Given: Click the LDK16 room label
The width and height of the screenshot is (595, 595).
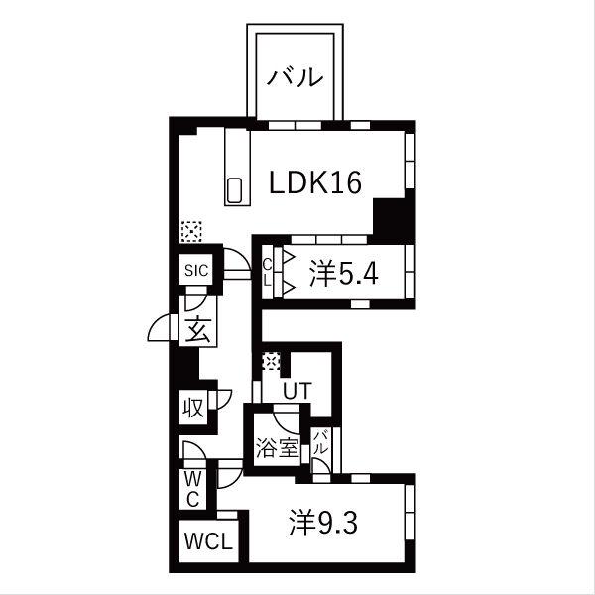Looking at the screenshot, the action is (x=315, y=182).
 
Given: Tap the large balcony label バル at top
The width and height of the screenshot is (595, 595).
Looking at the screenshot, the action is (x=296, y=77).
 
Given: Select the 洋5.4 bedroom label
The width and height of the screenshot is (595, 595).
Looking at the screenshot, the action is (x=344, y=274).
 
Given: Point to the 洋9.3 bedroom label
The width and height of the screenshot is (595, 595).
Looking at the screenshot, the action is (x=323, y=524).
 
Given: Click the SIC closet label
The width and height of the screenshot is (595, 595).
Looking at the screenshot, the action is (x=196, y=270).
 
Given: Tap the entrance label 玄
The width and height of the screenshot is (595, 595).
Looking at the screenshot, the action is (x=197, y=329).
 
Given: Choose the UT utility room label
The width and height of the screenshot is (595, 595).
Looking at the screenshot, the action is (x=297, y=391).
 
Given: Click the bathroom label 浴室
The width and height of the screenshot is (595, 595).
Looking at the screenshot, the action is (x=278, y=448).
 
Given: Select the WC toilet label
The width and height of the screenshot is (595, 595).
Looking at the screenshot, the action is (x=193, y=490).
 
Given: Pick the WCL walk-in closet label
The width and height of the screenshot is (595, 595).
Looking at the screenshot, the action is (x=208, y=540).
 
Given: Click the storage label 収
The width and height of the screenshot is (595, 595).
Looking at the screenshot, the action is (x=194, y=408).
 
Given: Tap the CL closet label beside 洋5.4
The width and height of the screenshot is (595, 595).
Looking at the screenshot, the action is (x=268, y=272).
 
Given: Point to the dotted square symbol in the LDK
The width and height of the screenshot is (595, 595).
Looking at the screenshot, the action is (x=191, y=231).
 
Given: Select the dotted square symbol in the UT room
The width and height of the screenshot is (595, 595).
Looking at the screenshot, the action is (x=272, y=361).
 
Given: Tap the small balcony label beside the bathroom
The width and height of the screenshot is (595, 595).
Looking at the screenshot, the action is (x=319, y=442).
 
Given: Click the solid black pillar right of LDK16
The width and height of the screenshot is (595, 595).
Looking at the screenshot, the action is (x=393, y=215).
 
